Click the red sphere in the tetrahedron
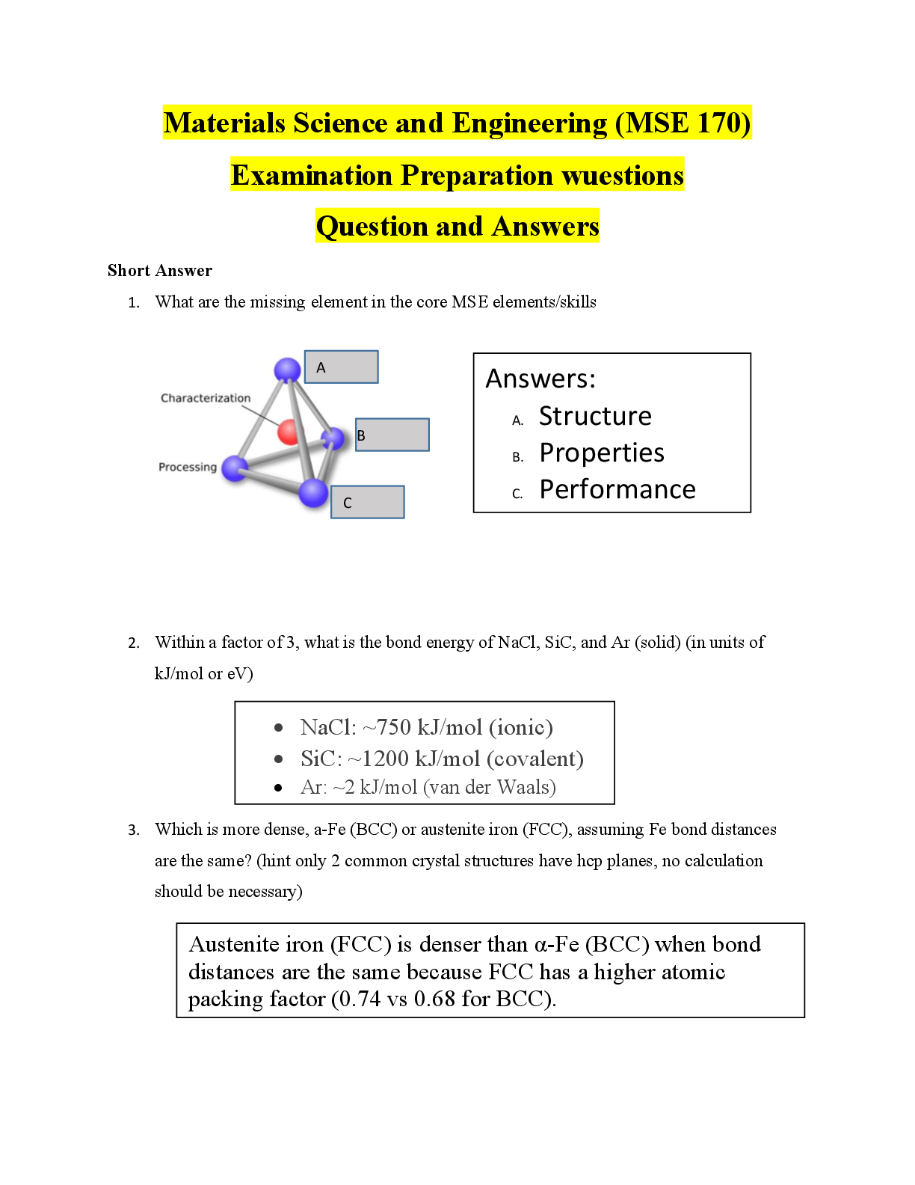pos(289,432)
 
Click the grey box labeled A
pos(342,367)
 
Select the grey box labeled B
pos(392,435)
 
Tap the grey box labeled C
pos(368,502)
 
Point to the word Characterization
pos(206,398)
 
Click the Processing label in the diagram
pos(188,467)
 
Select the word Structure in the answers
pos(595,416)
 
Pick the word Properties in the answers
pos(602,453)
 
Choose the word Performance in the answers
pos(617,489)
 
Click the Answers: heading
pos(540,379)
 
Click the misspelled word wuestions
pos(623,175)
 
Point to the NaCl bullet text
pos(426,727)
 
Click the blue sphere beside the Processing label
pos(235,468)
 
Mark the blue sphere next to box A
pos(287,369)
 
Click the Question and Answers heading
pos(457,226)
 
